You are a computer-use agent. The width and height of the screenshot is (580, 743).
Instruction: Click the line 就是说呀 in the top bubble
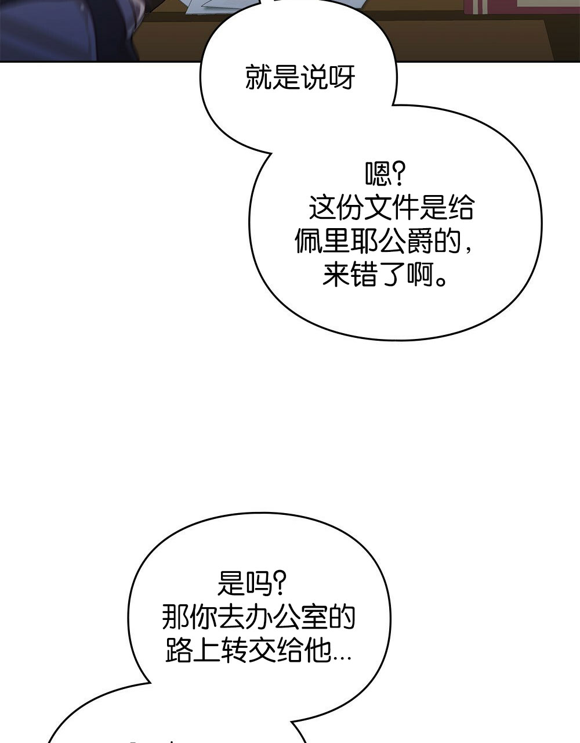(x=299, y=77)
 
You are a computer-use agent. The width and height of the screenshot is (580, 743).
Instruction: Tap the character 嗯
(x=378, y=174)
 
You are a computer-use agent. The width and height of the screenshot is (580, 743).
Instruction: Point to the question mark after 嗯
(x=398, y=174)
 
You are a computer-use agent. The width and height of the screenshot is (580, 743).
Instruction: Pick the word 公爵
(x=405, y=242)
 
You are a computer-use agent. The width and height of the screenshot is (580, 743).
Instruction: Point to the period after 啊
(x=442, y=281)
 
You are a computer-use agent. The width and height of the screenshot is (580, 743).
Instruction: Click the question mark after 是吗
(x=280, y=583)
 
